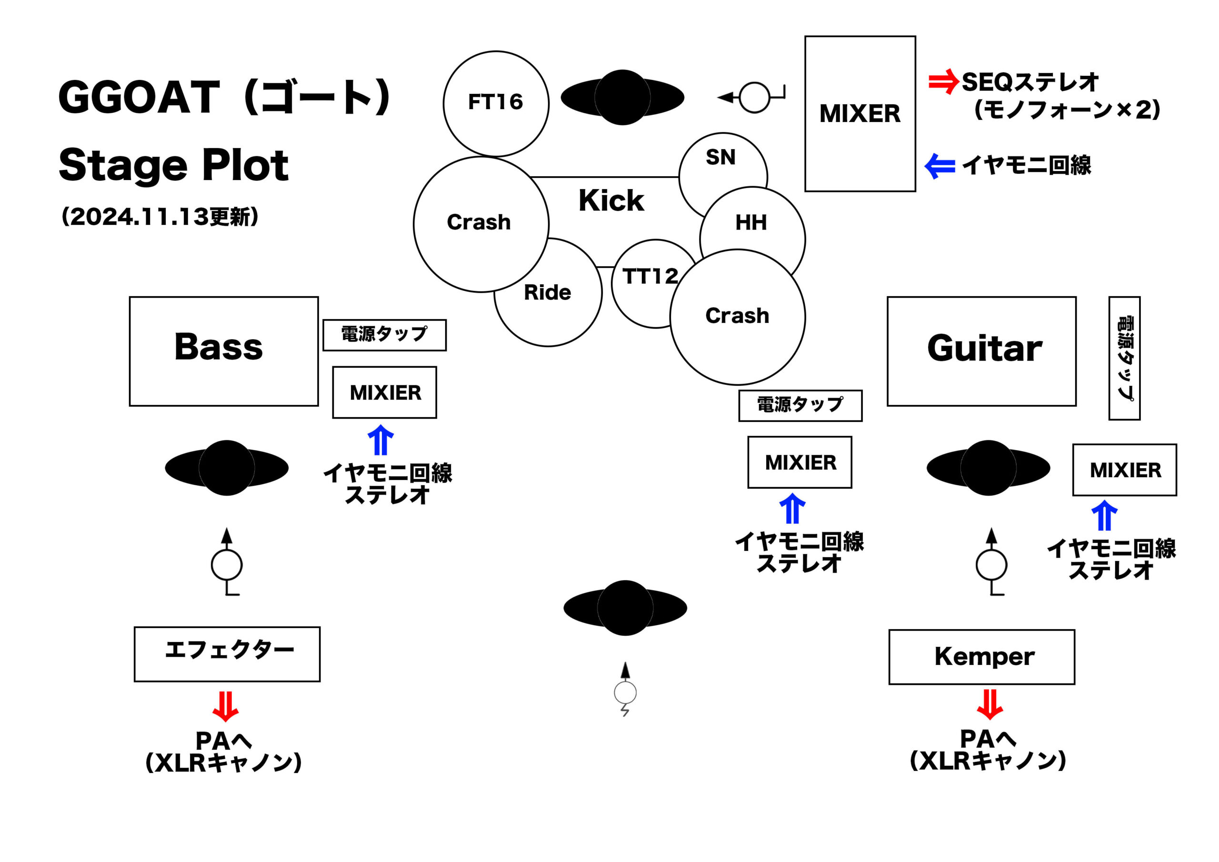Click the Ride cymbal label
(548, 292)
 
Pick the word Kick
(611, 201)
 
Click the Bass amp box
(223, 351)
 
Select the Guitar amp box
(981, 351)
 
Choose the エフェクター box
(227, 654)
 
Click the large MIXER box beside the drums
(859, 114)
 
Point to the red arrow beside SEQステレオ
(943, 83)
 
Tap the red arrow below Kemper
(989, 704)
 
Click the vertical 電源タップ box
(1124, 358)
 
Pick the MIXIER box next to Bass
(384, 392)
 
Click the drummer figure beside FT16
(622, 98)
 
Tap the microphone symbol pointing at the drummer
(754, 98)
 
